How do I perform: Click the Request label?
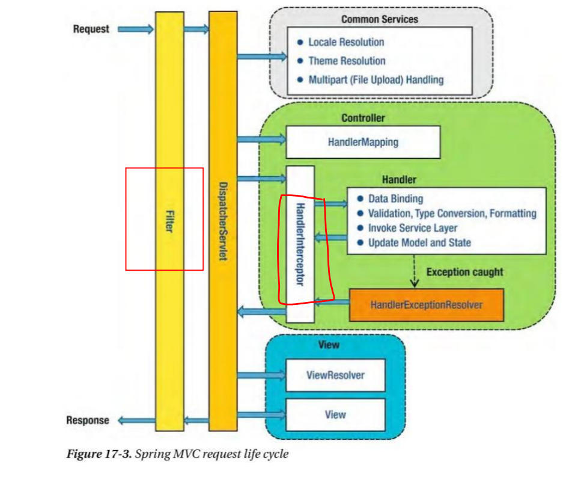pyautogui.click(x=91, y=29)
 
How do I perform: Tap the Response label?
pyautogui.click(x=88, y=420)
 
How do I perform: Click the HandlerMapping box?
pyautogui.click(x=363, y=143)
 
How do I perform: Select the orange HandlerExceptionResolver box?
pyautogui.click(x=426, y=305)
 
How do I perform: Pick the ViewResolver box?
pyautogui.click(x=335, y=375)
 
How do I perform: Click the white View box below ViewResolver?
pyautogui.click(x=335, y=414)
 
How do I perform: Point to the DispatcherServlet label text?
pyautogui.click(x=222, y=221)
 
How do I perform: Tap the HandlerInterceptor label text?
pyautogui.click(x=300, y=243)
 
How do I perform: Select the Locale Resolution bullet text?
pyautogui.click(x=346, y=42)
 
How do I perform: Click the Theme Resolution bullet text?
pyautogui.click(x=347, y=61)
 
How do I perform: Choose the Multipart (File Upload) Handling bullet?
pyautogui.click(x=376, y=79)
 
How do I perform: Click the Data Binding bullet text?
pyautogui.click(x=395, y=198)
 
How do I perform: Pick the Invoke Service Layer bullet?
pyautogui.click(x=412, y=228)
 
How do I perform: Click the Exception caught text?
pyautogui.click(x=464, y=272)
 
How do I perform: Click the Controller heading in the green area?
pyautogui.click(x=363, y=118)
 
